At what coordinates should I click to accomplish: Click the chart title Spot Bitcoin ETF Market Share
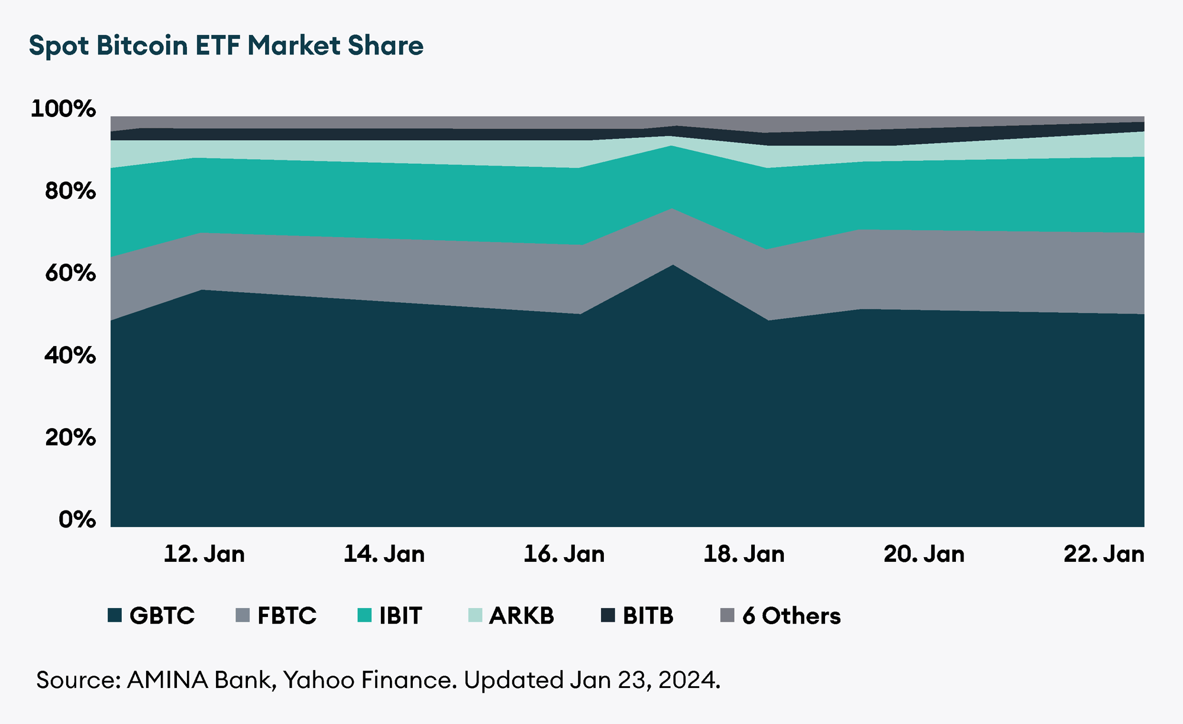pos(226,46)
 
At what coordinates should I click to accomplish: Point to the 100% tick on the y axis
pos(63,109)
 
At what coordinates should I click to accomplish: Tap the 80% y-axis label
pos(70,191)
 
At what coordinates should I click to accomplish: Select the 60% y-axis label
pos(70,273)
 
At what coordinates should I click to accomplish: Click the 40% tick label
pos(70,355)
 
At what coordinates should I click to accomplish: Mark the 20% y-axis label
pos(70,438)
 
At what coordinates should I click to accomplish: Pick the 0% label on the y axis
pos(77,519)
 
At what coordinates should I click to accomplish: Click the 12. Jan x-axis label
pos(204,554)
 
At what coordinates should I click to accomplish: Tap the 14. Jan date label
pos(384,554)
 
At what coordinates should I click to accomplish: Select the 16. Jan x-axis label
pos(564,554)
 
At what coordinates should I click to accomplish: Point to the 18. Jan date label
pos(744,554)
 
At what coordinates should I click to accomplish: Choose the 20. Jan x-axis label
pos(924,554)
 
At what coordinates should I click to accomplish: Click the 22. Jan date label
pos(1104,554)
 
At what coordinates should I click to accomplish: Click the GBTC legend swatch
pos(115,615)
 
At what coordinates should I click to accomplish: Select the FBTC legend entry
pos(276,616)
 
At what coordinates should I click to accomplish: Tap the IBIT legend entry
pos(390,616)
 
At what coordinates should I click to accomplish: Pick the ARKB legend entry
pos(511,616)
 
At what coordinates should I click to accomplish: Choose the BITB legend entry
pos(637,616)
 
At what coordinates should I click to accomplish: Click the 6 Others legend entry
pos(780,616)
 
